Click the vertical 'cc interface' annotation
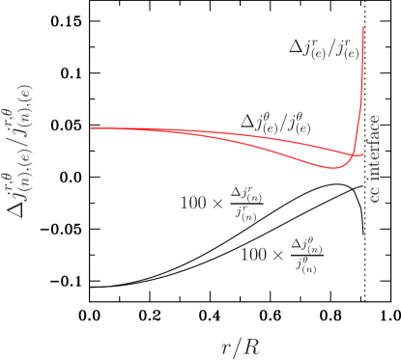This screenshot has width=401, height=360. click(x=376, y=157)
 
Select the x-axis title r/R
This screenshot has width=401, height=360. click(x=239, y=346)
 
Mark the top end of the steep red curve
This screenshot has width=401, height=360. click(x=363, y=26)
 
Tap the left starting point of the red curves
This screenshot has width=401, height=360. click(x=92, y=128)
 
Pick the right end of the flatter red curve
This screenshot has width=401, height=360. click(x=364, y=152)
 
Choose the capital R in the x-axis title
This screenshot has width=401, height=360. click(x=250, y=346)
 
